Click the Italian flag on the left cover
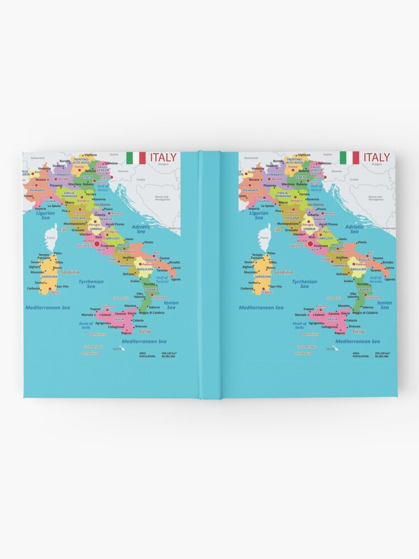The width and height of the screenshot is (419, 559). pyautogui.click(x=136, y=158)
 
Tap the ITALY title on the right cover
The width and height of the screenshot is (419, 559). pyautogui.click(x=377, y=157)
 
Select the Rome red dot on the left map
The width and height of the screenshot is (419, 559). pyautogui.click(x=96, y=244)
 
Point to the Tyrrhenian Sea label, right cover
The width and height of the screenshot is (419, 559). pyautogui.click(x=304, y=284)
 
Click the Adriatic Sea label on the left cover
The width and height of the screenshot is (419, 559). pyautogui.click(x=141, y=229)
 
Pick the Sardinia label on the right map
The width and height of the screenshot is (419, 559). pyautogui.click(x=284, y=272)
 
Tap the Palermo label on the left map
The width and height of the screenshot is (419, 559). pyautogui.click(x=108, y=306)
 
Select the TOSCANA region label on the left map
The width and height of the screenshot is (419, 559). pyautogui.click(x=79, y=218)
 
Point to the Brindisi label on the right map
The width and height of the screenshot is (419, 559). pyautogui.click(x=388, y=262)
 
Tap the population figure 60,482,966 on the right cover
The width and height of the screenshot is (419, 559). pyautogui.click(x=383, y=356)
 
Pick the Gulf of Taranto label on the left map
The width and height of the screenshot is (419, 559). pyautogui.click(x=162, y=279)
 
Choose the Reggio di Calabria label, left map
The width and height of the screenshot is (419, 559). pyautogui.click(x=151, y=313)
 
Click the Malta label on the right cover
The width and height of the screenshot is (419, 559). pyautogui.click(x=332, y=349)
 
